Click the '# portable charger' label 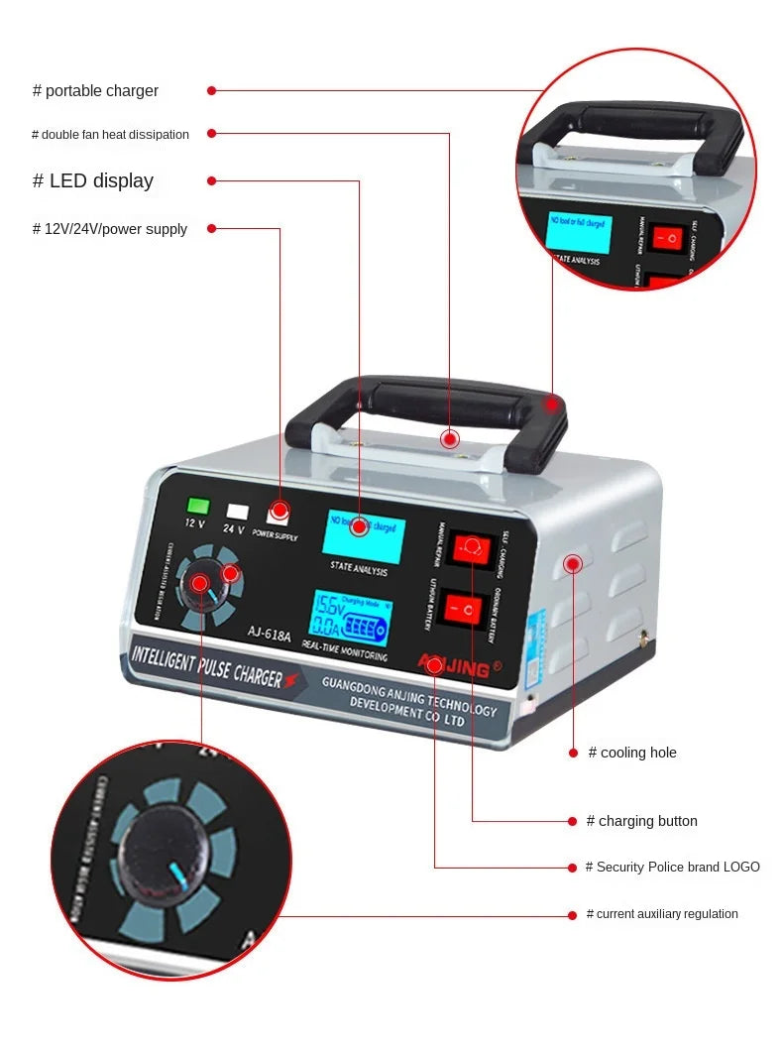[95, 91]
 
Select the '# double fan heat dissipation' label [110, 135]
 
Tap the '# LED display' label [93, 181]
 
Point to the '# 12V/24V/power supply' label [110, 229]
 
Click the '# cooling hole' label [632, 753]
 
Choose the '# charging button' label [641, 821]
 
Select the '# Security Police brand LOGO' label [672, 867]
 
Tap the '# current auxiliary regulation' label [661, 914]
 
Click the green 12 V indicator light [198, 505]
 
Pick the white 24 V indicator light [237, 512]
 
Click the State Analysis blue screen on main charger [363, 536]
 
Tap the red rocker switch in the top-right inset [671, 239]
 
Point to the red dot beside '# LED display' [211, 180]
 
